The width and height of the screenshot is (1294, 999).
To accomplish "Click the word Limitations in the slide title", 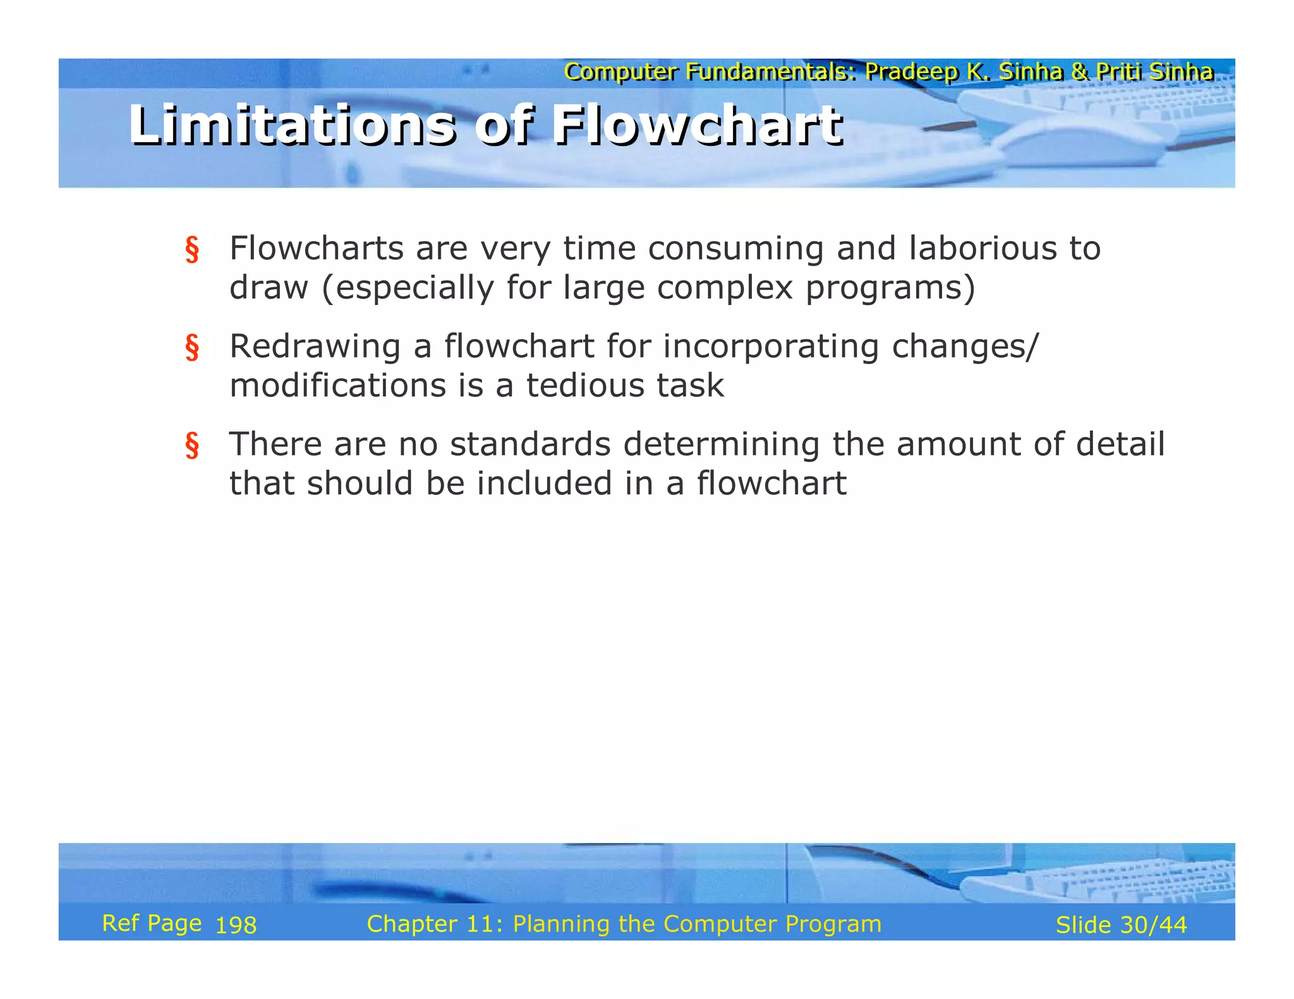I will pyautogui.click(x=291, y=125).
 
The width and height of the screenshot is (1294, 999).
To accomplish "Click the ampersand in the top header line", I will pyautogui.click(x=1079, y=72).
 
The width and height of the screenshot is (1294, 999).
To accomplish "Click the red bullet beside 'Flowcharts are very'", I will pyautogui.click(x=192, y=249).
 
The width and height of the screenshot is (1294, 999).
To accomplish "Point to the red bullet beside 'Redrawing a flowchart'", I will pyautogui.click(x=192, y=347).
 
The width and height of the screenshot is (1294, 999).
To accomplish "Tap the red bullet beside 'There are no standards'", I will pyautogui.click(x=192, y=445).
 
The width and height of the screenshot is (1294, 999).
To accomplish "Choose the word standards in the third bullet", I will pyautogui.click(x=530, y=444).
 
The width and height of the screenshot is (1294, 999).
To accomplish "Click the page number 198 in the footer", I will pyautogui.click(x=236, y=926).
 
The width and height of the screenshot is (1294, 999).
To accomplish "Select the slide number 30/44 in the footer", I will pyautogui.click(x=1153, y=925).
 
